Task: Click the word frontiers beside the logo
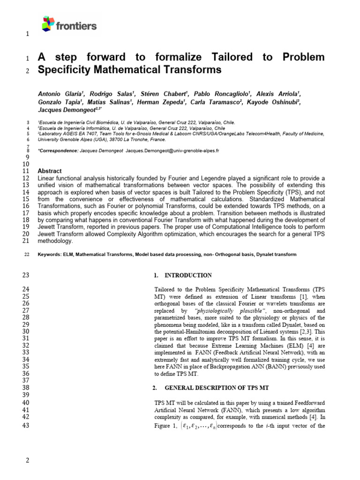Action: click(76, 25)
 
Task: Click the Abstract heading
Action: click(49, 171)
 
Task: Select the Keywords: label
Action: click(49, 254)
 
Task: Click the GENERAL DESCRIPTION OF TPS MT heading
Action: click(216, 388)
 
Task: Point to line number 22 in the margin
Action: click(26, 254)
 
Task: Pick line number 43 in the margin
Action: click(26, 426)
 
